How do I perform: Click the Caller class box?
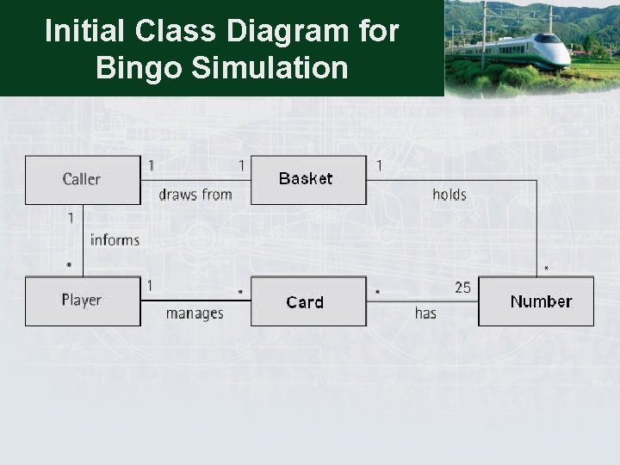pyautogui.click(x=82, y=179)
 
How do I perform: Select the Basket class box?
pyautogui.click(x=308, y=179)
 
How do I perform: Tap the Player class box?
pyautogui.click(x=82, y=301)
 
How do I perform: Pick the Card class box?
pyautogui.click(x=308, y=301)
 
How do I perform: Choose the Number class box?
pyautogui.click(x=536, y=301)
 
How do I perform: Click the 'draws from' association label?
pyautogui.click(x=195, y=195)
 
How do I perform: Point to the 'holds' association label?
pyautogui.click(x=449, y=195)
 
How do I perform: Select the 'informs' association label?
pyautogui.click(x=115, y=239)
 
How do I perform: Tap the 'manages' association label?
pyautogui.click(x=195, y=313)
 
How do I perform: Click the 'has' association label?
pyautogui.click(x=425, y=313)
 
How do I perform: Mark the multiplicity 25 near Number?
pyautogui.click(x=462, y=288)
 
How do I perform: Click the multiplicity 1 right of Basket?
pyautogui.click(x=379, y=164)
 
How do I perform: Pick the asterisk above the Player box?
pyautogui.click(x=69, y=267)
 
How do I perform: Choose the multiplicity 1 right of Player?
pyautogui.click(x=149, y=285)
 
